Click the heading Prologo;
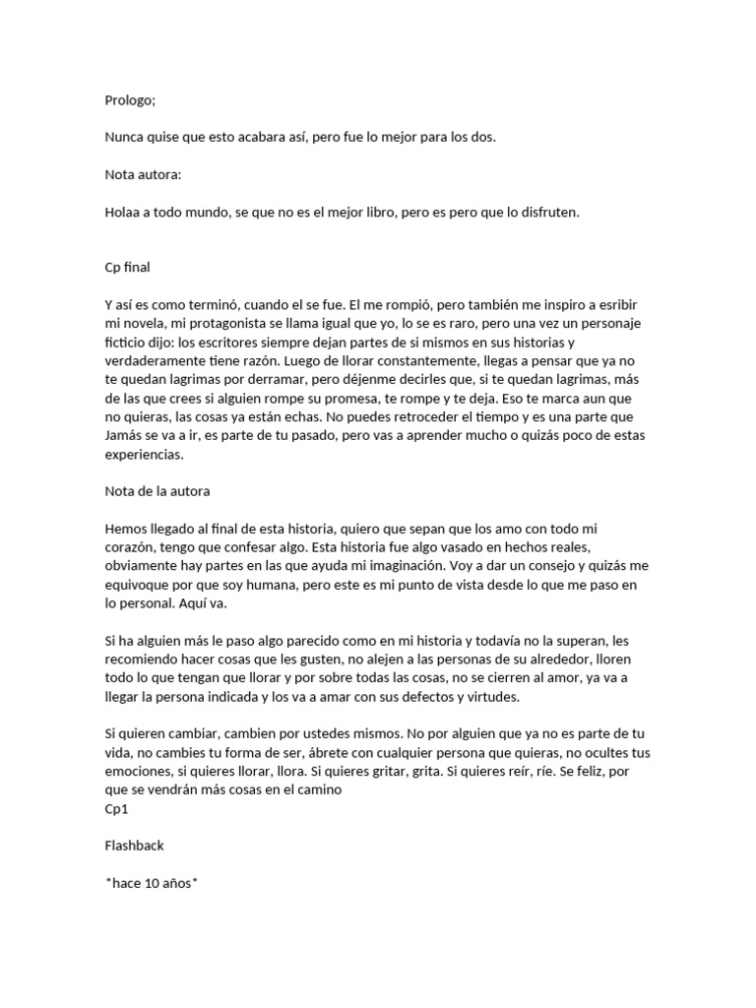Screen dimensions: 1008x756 point(130,99)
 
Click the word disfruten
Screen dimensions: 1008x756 point(546,212)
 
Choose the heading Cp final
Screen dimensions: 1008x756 point(127,268)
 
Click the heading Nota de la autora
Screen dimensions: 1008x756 point(157,491)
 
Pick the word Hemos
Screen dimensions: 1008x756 point(126,529)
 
